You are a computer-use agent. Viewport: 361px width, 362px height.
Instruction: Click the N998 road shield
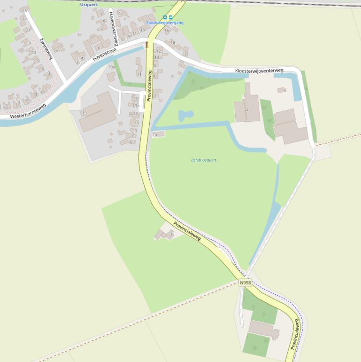pyautogui.click(x=246, y=283)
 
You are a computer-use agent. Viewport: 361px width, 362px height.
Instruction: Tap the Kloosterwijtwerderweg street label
pyautogui.click(x=259, y=71)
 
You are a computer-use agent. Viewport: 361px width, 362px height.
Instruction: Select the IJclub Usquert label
pyautogui.click(x=204, y=160)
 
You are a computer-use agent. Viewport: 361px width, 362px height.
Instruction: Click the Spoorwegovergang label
pyautogui.click(x=164, y=23)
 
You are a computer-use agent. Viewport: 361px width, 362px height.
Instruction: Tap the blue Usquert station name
pyautogui.click(x=89, y=5)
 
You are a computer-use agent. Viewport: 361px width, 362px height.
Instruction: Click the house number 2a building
pyautogui.click(x=158, y=134)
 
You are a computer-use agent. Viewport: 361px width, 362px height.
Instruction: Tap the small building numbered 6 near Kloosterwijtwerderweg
pyautogui.click(x=281, y=90)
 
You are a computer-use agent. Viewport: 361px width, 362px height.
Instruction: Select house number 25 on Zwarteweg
pyautogui.click(x=23, y=10)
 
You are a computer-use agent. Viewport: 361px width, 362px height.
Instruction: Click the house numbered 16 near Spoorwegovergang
pyautogui.click(x=166, y=31)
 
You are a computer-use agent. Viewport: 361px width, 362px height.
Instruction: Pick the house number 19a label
pyautogui.click(x=111, y=67)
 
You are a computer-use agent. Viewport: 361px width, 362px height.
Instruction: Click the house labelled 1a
pyautogui.click(x=172, y=42)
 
